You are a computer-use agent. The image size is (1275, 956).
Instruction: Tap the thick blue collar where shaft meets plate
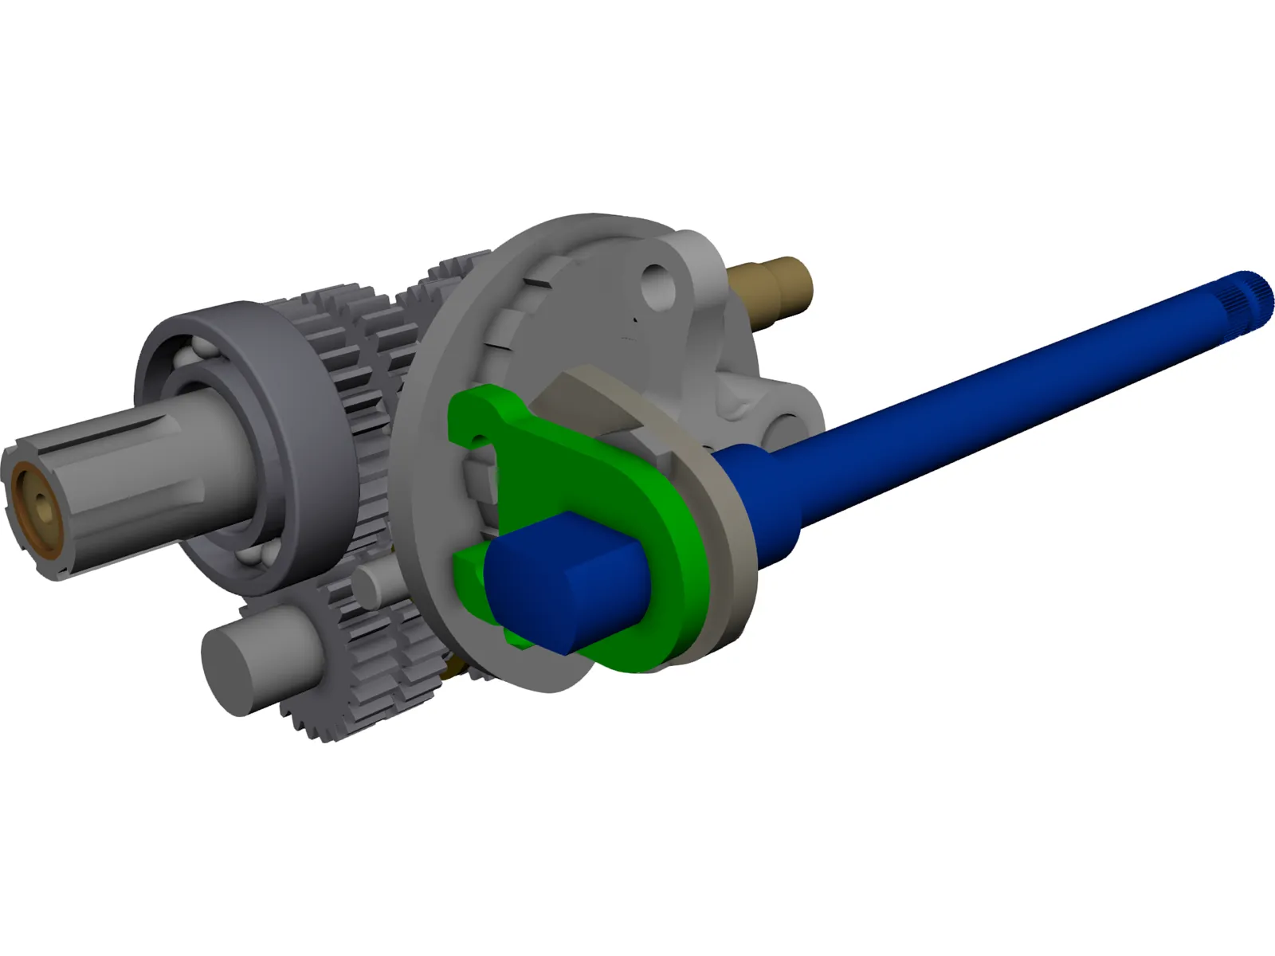click(x=757, y=510)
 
